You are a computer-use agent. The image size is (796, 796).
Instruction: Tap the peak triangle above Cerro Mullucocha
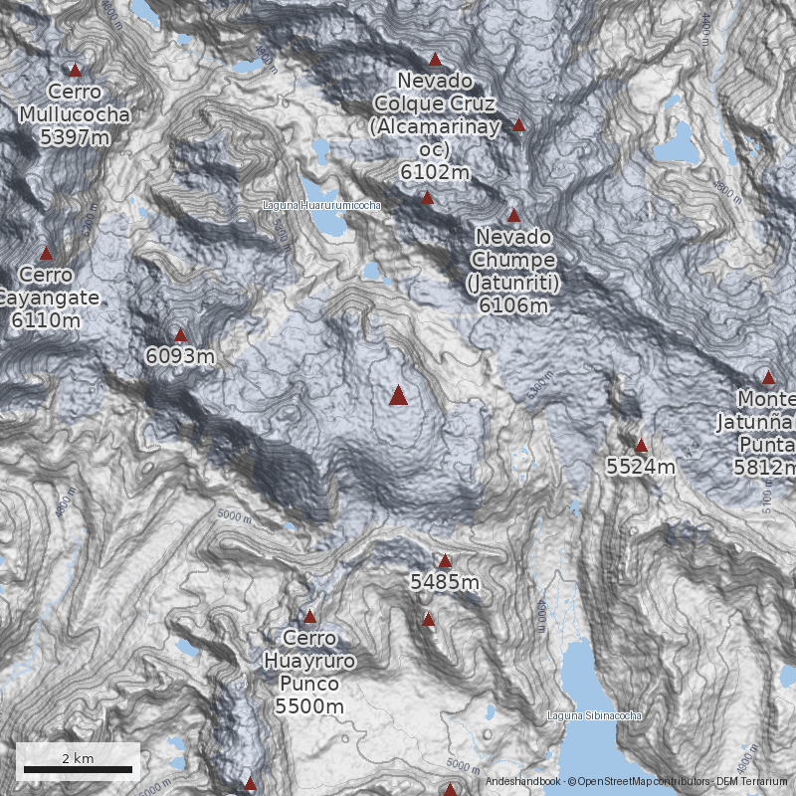(75, 71)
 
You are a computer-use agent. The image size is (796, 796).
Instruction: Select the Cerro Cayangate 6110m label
(47, 297)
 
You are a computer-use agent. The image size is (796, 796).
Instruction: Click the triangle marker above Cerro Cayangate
(46, 254)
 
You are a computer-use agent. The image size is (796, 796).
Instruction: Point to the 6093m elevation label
(180, 355)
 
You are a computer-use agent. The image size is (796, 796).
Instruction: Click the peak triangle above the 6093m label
(180, 335)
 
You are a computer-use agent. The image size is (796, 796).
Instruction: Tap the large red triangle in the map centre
(398, 396)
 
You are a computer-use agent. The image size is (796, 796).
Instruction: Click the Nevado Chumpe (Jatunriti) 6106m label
(513, 271)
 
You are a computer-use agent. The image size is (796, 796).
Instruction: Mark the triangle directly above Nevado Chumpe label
(513, 215)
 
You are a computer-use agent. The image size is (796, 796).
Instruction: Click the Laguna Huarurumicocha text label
(321, 205)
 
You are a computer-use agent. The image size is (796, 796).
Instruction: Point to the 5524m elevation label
(641, 466)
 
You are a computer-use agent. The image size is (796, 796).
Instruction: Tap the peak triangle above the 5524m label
(641, 445)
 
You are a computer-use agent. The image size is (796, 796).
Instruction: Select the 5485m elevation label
(445, 581)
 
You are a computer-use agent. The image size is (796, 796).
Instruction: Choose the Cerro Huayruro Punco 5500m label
(309, 672)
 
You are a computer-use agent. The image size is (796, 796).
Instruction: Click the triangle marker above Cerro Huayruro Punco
(309, 617)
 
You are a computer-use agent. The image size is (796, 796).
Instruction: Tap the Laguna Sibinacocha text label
(594, 715)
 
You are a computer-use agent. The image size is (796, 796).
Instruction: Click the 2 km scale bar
(78, 769)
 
